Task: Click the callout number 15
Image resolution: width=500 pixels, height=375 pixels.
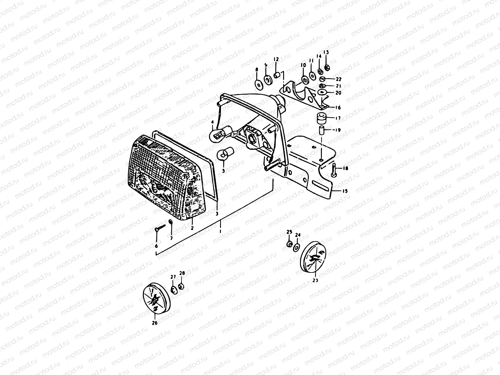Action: click(345, 191)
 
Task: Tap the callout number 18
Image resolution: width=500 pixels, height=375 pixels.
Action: click(345, 168)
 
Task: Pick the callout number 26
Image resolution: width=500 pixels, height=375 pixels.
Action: click(155, 323)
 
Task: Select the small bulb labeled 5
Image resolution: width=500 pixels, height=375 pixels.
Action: click(223, 154)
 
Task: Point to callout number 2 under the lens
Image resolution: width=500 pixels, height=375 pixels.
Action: click(192, 228)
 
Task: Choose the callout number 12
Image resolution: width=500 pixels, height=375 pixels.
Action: click(276, 59)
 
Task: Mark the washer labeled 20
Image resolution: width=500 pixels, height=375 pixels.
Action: click(322, 92)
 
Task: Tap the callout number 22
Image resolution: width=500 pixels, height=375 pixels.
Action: click(339, 79)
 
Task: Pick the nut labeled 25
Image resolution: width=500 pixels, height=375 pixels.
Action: click(289, 244)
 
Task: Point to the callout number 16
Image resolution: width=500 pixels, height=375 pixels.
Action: click(338, 107)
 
